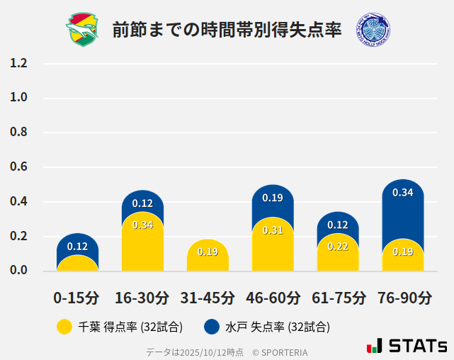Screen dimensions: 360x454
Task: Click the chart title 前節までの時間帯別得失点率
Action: [227, 30]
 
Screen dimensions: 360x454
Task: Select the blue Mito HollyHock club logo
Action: [373, 30]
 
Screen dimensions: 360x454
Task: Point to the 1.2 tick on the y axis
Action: [18, 63]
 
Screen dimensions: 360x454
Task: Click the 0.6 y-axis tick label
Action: [18, 167]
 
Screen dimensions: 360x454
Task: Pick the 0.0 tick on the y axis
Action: [18, 270]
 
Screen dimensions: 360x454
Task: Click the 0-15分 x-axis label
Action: [77, 297]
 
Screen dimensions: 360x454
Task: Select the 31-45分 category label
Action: [208, 297]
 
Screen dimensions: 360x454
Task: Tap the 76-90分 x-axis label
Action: [403, 297]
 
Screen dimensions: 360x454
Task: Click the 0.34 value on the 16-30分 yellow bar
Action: [142, 225]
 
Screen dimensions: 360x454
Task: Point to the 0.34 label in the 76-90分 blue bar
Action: [403, 192]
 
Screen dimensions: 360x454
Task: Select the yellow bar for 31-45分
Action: [208, 257]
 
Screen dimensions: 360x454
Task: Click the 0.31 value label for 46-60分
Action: [273, 230]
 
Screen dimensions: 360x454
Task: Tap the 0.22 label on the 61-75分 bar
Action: [338, 246]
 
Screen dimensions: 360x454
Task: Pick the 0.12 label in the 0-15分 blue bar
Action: [77, 246]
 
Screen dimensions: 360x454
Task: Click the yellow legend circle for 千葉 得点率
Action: [64, 327]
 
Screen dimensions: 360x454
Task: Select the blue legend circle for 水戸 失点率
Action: [211, 327]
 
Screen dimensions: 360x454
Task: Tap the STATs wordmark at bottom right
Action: [408, 346]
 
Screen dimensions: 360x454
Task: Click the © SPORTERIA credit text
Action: [280, 351]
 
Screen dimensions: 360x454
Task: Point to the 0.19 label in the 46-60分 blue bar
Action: [273, 198]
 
